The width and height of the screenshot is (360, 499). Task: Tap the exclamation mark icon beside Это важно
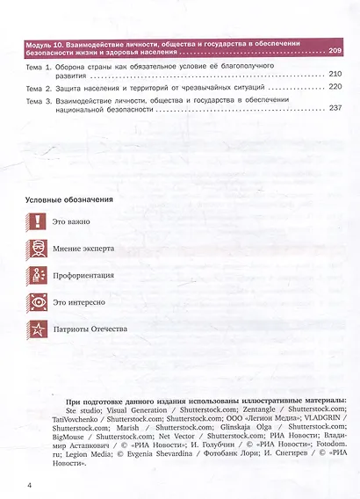[35, 221]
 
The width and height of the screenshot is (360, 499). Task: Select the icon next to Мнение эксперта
[35, 248]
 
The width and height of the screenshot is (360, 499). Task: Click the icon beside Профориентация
[35, 275]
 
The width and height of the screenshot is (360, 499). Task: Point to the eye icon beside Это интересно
[35, 302]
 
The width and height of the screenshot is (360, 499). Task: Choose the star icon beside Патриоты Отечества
[35, 329]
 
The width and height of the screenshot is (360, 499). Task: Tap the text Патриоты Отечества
[90, 329]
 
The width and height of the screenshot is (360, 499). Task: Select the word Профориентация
[84, 275]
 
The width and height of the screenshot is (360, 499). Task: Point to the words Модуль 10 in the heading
[45, 41]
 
